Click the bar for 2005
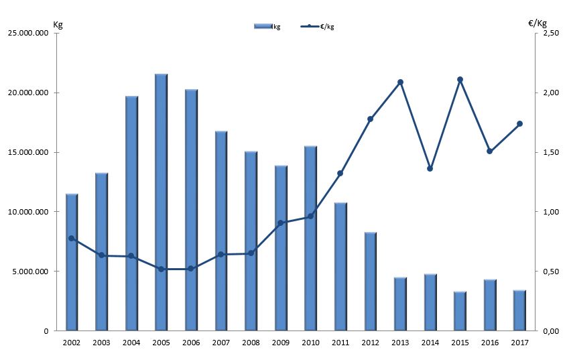pyautogui.click(x=161, y=202)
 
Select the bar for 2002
pyautogui.click(x=72, y=262)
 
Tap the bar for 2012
pyautogui.click(x=370, y=281)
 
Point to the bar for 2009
pyautogui.click(x=281, y=247)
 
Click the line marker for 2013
pyautogui.click(x=400, y=82)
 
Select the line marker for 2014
pyautogui.click(x=430, y=168)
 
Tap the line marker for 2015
pyautogui.click(x=460, y=80)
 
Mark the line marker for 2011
pyautogui.click(x=340, y=174)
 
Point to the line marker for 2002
pyautogui.click(x=72, y=239)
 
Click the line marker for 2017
pyautogui.click(x=519, y=124)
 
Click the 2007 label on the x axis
pyautogui.click(x=221, y=343)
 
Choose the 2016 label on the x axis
pyautogui.click(x=489, y=343)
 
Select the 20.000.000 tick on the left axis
pyautogui.click(x=32, y=93)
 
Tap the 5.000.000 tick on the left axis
pyautogui.click(x=34, y=272)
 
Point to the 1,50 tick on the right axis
pyautogui.click(x=550, y=153)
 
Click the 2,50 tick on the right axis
pyautogui.click(x=550, y=34)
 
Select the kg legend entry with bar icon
pyautogui.click(x=268, y=26)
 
